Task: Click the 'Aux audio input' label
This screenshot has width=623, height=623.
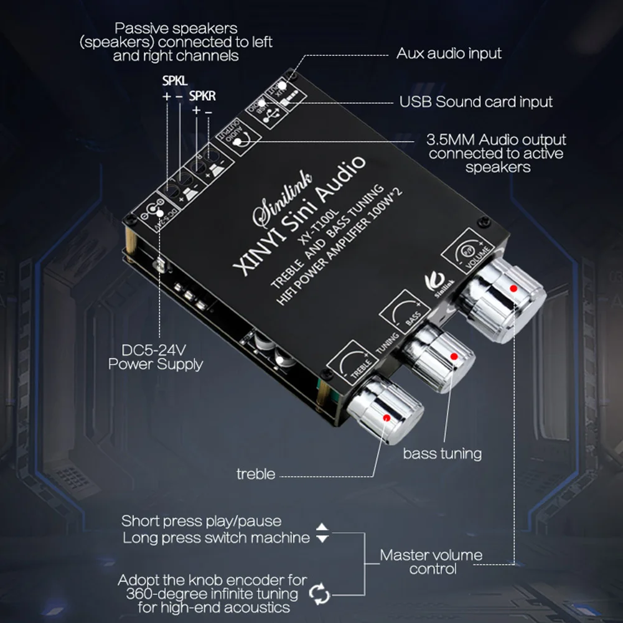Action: [x=449, y=54]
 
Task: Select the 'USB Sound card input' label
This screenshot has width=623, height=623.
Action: [x=475, y=101]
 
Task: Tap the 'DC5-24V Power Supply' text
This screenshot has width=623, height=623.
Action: [x=156, y=357]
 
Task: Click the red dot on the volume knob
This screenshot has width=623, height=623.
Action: [x=513, y=289]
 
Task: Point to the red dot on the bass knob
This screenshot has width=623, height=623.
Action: [x=454, y=357]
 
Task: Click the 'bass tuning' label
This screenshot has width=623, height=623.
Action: [x=442, y=454]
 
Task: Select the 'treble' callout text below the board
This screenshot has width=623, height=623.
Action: [x=255, y=474]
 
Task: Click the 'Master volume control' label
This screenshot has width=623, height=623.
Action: [x=431, y=561]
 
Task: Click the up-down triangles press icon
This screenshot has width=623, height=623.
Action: [x=322, y=533]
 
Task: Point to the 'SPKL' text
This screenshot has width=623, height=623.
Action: [x=174, y=81]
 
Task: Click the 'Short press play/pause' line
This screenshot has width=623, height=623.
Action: [x=201, y=521]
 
